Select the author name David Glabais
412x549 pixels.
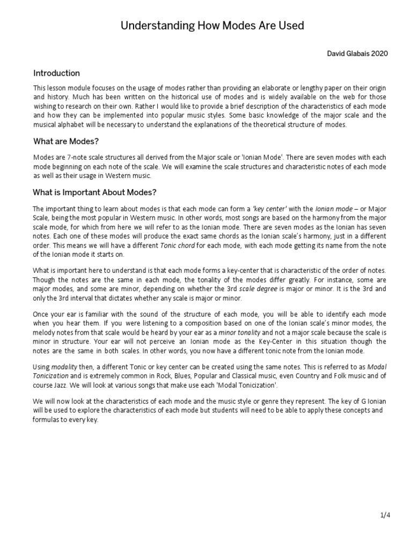349,54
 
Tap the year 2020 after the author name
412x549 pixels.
378,54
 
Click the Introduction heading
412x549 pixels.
56,73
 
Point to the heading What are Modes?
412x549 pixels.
67,142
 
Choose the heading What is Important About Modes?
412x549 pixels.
94,192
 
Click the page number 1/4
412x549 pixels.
384,515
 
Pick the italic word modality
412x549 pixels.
64,366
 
